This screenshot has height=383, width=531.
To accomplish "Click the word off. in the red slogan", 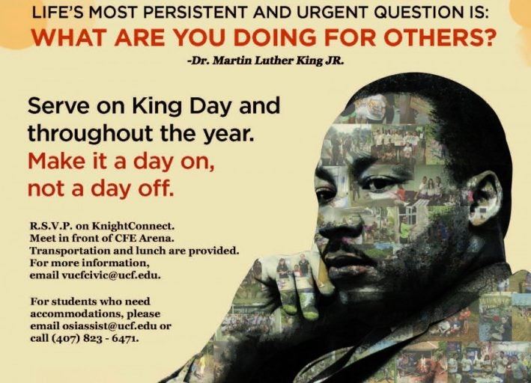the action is [x=156, y=188].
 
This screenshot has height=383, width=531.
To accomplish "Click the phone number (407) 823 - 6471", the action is [x=95, y=338].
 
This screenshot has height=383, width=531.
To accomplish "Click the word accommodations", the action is [x=77, y=314].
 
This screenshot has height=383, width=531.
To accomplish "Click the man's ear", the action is [x=485, y=196].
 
